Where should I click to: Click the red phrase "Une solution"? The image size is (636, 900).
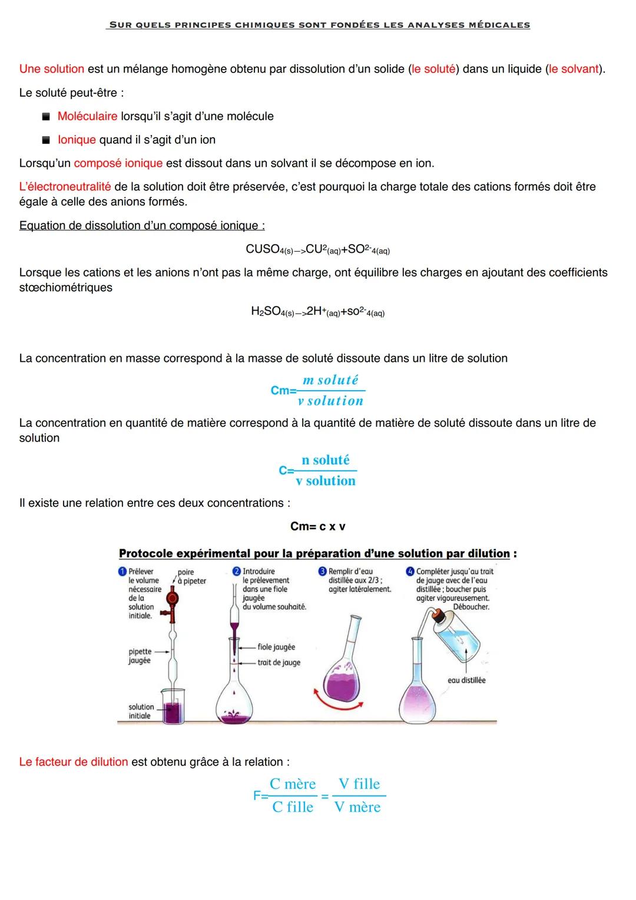52,69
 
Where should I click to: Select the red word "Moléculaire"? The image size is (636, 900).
87,116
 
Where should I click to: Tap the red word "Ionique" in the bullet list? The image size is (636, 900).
77,140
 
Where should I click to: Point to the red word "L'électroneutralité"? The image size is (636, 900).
65,187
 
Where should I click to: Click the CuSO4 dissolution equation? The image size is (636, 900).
317,250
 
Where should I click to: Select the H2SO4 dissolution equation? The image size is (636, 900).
317,312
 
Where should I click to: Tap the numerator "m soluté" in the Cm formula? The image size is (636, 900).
330,380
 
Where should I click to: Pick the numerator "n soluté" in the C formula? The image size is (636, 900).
326,460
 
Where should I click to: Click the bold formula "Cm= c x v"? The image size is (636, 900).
317,526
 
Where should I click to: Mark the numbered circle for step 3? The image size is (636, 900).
322,571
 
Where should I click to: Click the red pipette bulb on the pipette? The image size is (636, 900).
173,599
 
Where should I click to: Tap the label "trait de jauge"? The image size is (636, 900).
279,662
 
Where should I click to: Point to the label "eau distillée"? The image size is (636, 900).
466,680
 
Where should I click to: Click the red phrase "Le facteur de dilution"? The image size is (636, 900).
74,762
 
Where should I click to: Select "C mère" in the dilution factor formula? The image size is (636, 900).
293,784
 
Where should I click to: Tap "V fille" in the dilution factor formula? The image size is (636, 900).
359,784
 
